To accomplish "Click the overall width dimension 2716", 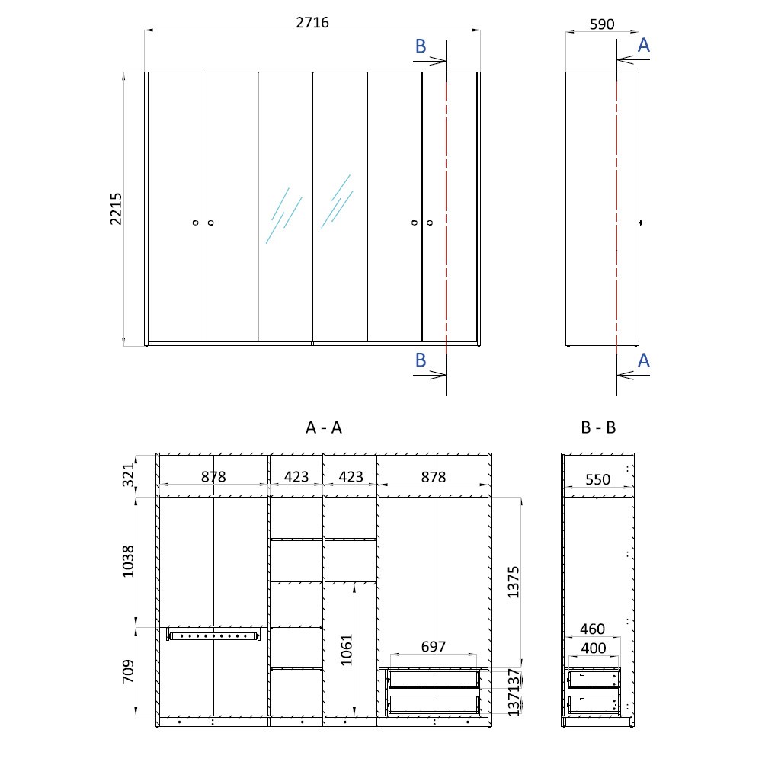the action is (312, 22).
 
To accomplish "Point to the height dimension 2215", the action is (116, 209).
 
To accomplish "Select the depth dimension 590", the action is (602, 24).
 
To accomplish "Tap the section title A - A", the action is (324, 427).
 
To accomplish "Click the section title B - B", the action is (598, 427).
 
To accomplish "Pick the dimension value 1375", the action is (513, 581).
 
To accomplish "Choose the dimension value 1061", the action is (346, 650).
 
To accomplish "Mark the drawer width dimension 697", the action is (433, 647).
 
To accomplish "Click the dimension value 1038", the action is (128, 562).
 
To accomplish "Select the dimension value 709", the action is (128, 671).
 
